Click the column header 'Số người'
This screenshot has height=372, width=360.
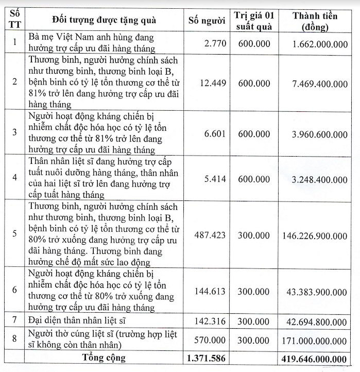pyautogui.click(x=207, y=21)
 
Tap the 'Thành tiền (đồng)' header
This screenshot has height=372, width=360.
pyautogui.click(x=315, y=21)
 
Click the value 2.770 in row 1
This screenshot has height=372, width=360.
pyautogui.click(x=215, y=43)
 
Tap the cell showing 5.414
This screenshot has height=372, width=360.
pyautogui.click(x=214, y=179)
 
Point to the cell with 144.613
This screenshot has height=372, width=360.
pyautogui.click(x=210, y=291)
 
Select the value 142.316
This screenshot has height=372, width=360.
pyautogui.click(x=210, y=320)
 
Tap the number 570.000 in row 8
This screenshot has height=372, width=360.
pyautogui.click(x=210, y=341)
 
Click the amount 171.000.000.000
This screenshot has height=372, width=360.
pyautogui.click(x=314, y=341)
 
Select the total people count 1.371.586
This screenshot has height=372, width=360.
pyautogui.click(x=207, y=358)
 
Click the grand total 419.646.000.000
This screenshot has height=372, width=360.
pyautogui.click(x=314, y=358)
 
